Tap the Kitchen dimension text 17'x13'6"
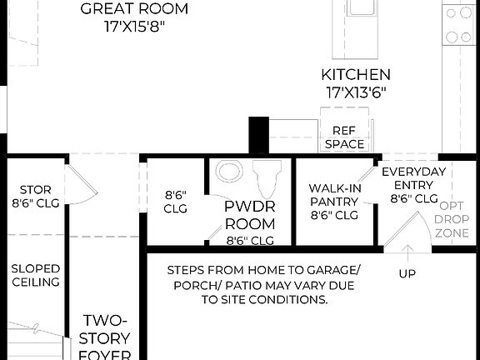click(356, 92)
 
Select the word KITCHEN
click(356, 75)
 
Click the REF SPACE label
click(344, 137)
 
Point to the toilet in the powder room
click(267, 177)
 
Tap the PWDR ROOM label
click(250, 215)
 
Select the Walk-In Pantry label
click(333, 201)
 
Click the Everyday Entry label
click(414, 185)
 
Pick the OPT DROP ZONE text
click(452, 219)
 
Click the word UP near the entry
click(407, 273)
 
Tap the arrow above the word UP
click(407, 250)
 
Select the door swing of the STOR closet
click(76, 183)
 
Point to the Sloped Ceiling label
click(35, 275)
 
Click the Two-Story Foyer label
click(106, 338)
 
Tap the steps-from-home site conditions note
click(263, 284)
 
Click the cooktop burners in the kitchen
click(457, 24)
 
